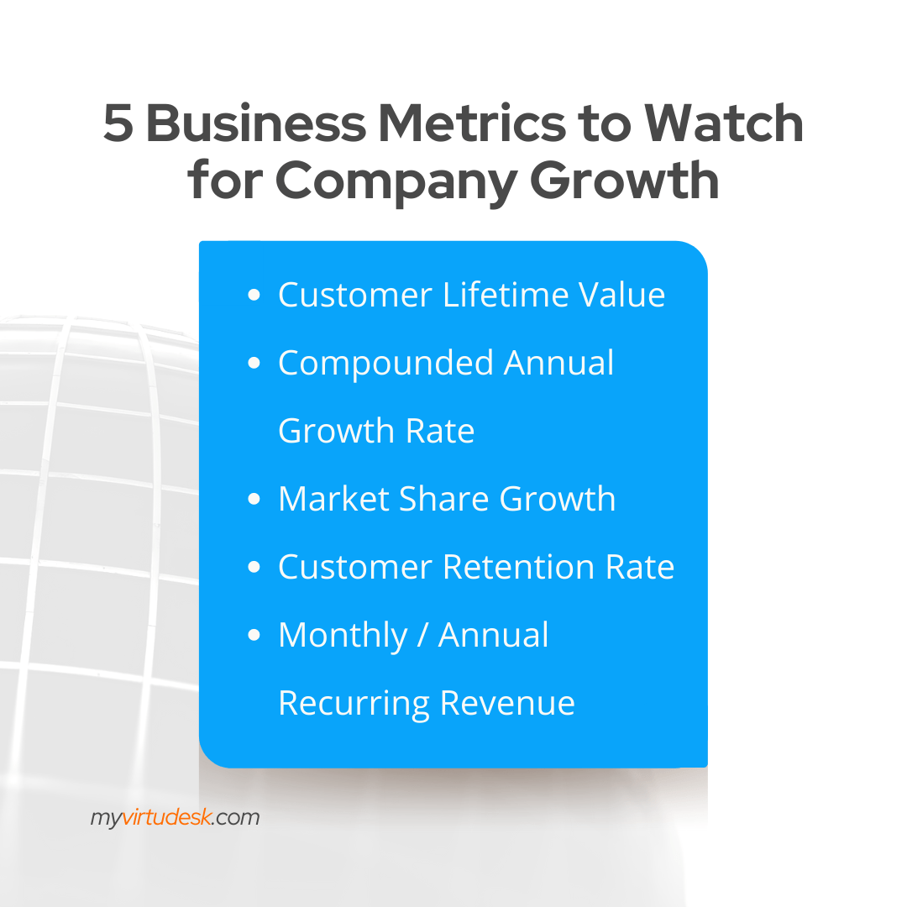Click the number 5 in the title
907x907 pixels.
118,123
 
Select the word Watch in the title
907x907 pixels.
724,123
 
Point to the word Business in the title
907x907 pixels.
256,123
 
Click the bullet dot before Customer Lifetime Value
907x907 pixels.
254,295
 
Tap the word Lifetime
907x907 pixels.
506,295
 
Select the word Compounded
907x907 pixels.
385,364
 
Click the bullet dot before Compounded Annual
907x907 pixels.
254,364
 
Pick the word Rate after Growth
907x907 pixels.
439,431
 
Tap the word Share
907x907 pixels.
444,499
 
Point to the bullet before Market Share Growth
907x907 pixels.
254,499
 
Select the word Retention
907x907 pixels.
518,567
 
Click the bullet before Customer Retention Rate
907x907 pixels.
254,567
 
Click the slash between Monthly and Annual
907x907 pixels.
422,635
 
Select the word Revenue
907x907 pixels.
507,704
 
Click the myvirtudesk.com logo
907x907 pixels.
175,818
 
